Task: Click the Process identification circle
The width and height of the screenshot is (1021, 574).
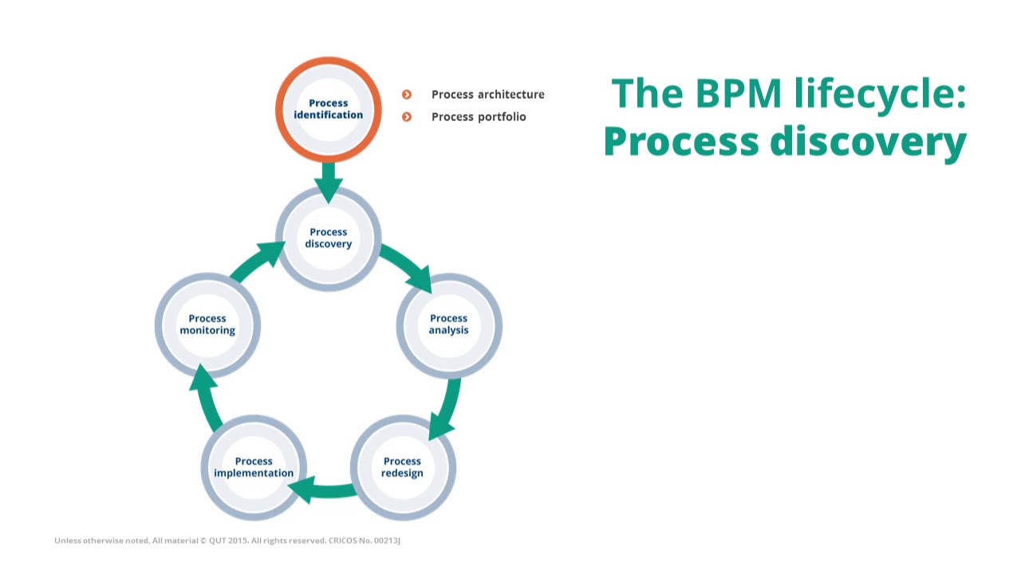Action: (328, 109)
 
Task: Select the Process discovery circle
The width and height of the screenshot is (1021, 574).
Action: (328, 238)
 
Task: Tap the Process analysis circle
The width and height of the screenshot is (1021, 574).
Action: (449, 325)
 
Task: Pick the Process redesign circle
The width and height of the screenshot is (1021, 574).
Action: (403, 468)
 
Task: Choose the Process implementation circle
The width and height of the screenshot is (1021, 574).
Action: (254, 468)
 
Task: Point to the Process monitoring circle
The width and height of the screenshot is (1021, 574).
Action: (207, 325)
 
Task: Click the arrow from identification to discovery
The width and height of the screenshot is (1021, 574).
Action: (328, 180)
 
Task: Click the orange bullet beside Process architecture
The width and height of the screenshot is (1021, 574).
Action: (407, 95)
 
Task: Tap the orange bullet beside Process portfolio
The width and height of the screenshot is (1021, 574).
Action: (407, 117)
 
